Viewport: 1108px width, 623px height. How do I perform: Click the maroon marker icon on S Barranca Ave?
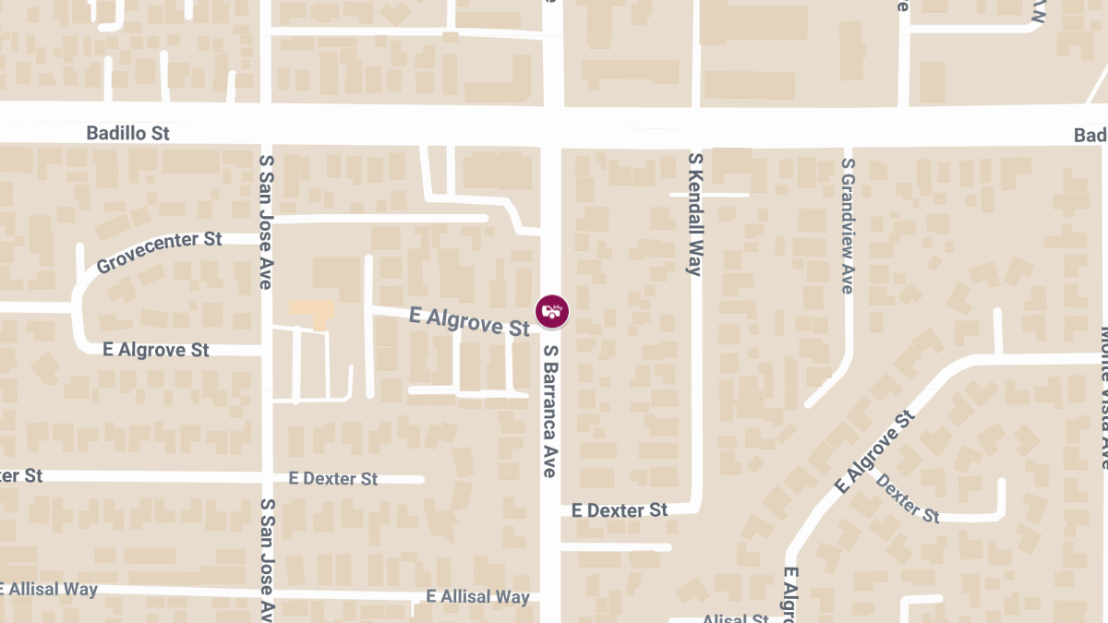pyautogui.click(x=552, y=311)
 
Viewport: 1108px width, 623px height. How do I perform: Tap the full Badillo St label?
pyautogui.click(x=128, y=134)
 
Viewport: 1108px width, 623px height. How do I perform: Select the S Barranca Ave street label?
pyautogui.click(x=550, y=411)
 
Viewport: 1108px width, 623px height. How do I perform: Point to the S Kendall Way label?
pyautogui.click(x=695, y=214)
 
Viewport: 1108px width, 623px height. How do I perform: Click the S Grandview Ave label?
pyautogui.click(x=848, y=226)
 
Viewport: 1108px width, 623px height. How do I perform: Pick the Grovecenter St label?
pyautogui.click(x=160, y=252)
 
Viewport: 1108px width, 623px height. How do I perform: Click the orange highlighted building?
pyautogui.click(x=310, y=311)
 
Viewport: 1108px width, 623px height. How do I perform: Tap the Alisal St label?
pyautogui.click(x=735, y=619)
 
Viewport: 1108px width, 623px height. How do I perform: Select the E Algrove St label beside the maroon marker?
pyautogui.click(x=469, y=321)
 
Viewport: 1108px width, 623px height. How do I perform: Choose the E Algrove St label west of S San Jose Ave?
pyautogui.click(x=156, y=351)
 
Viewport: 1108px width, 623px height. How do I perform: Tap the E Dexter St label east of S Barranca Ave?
pyautogui.click(x=620, y=510)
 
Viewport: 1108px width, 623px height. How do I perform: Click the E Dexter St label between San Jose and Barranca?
pyautogui.click(x=333, y=479)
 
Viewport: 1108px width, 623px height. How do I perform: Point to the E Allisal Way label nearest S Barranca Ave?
pyautogui.click(x=478, y=597)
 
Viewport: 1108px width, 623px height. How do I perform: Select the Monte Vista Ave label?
pyautogui.click(x=1103, y=397)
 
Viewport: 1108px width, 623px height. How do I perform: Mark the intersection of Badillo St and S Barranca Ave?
pyautogui.click(x=552, y=126)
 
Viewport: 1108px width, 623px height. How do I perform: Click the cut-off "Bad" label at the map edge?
pyautogui.click(x=1090, y=136)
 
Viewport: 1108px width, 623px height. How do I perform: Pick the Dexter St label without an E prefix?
pyautogui.click(x=907, y=498)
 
